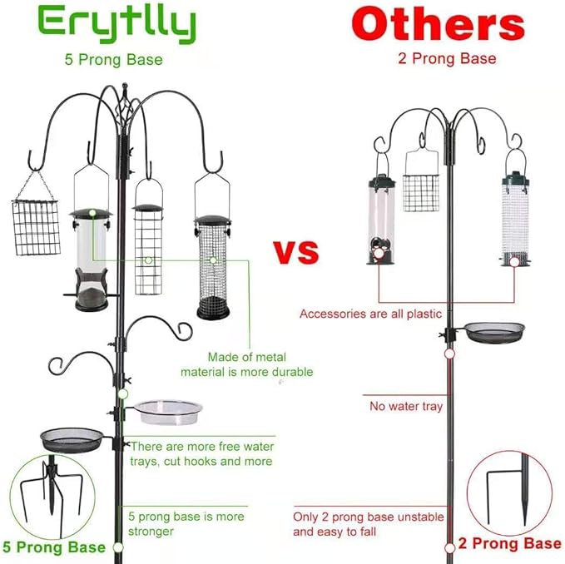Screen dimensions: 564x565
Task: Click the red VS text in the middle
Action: click(296, 252)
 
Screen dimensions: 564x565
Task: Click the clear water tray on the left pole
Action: click(169, 411)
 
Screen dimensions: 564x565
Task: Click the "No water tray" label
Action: click(406, 407)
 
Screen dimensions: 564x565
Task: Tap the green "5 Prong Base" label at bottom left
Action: click(54, 547)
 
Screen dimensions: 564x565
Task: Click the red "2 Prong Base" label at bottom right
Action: click(509, 544)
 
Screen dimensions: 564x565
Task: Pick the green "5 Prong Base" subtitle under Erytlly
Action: click(114, 59)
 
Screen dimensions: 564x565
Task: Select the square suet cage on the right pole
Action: click(420, 185)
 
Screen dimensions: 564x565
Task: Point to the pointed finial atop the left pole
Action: click(124, 89)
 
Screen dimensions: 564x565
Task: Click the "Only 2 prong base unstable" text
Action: click(357, 516)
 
